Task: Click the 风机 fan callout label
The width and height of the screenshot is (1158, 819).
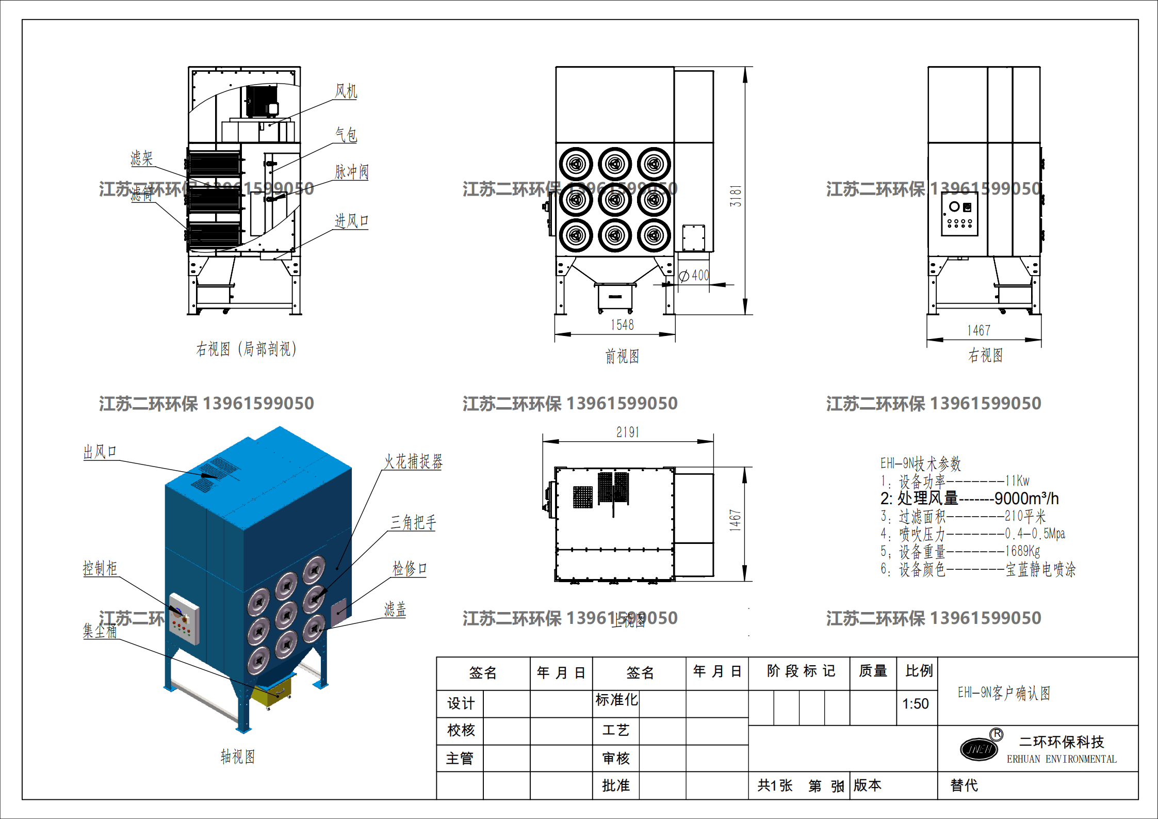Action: coord(346,91)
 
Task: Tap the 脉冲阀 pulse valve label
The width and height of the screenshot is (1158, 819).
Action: coord(352,171)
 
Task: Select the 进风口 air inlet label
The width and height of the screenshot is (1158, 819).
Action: coord(351,221)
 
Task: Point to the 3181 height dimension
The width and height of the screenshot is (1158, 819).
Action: coord(736,196)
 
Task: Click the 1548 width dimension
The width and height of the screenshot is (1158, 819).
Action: coord(622,325)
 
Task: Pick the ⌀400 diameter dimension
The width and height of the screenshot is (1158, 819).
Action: coord(695,276)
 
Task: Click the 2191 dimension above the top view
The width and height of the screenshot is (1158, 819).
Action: coord(627,432)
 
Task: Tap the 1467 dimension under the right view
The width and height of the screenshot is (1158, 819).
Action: coord(978,330)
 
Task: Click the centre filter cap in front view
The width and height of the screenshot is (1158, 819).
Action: coord(615,200)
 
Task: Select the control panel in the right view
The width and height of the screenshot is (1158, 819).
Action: coord(959,214)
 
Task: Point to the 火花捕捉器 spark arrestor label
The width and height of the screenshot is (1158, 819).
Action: coord(413,461)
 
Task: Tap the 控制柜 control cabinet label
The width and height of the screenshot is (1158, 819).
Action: coord(100,568)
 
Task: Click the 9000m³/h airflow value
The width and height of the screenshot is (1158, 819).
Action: coord(1026,499)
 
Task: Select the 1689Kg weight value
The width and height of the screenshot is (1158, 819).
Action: coord(1022,551)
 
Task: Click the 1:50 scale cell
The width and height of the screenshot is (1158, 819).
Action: coord(916,703)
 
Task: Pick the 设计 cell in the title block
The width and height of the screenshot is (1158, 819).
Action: coord(460,703)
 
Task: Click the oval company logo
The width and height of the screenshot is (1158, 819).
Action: coord(978,749)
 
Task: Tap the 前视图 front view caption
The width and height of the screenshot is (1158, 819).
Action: coord(622,356)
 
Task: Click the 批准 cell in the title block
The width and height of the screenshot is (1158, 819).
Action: coord(616,785)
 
